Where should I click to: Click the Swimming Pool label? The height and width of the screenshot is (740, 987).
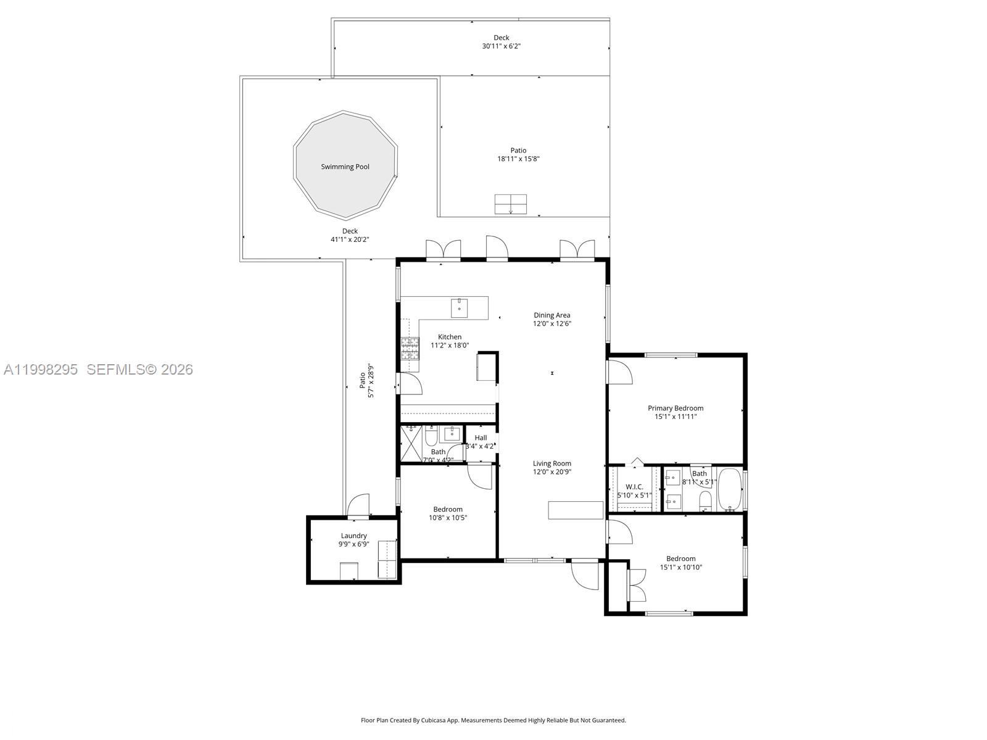pyautogui.click(x=345, y=167)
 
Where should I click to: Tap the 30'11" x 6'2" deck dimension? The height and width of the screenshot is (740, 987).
pyautogui.click(x=501, y=46)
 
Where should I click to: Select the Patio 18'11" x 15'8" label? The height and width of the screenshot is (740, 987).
pyautogui.click(x=518, y=154)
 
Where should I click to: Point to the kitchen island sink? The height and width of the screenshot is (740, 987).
pyautogui.click(x=459, y=307)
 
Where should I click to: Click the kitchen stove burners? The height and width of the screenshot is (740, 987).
pyautogui.click(x=410, y=348)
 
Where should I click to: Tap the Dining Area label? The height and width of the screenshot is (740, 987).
pyautogui.click(x=551, y=315)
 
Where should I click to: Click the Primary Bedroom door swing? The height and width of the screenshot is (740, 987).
pyautogui.click(x=619, y=373)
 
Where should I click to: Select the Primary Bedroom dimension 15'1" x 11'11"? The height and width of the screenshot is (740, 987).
pyautogui.click(x=675, y=417)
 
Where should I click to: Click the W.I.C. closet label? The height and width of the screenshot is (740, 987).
pyautogui.click(x=634, y=487)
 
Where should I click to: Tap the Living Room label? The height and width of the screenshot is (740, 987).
pyautogui.click(x=551, y=464)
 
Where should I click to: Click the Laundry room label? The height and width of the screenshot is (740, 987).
pyautogui.click(x=353, y=536)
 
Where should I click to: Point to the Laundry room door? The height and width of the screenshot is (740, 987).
pyautogui.click(x=358, y=506)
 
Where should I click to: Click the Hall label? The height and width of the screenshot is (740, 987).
pyautogui.click(x=481, y=438)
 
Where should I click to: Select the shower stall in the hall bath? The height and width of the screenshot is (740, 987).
pyautogui.click(x=410, y=444)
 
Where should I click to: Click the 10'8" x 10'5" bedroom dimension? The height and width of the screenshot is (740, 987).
pyautogui.click(x=448, y=518)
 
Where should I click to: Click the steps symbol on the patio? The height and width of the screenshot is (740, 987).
pyautogui.click(x=510, y=204)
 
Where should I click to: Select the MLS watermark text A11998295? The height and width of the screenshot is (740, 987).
pyautogui.click(x=41, y=370)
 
